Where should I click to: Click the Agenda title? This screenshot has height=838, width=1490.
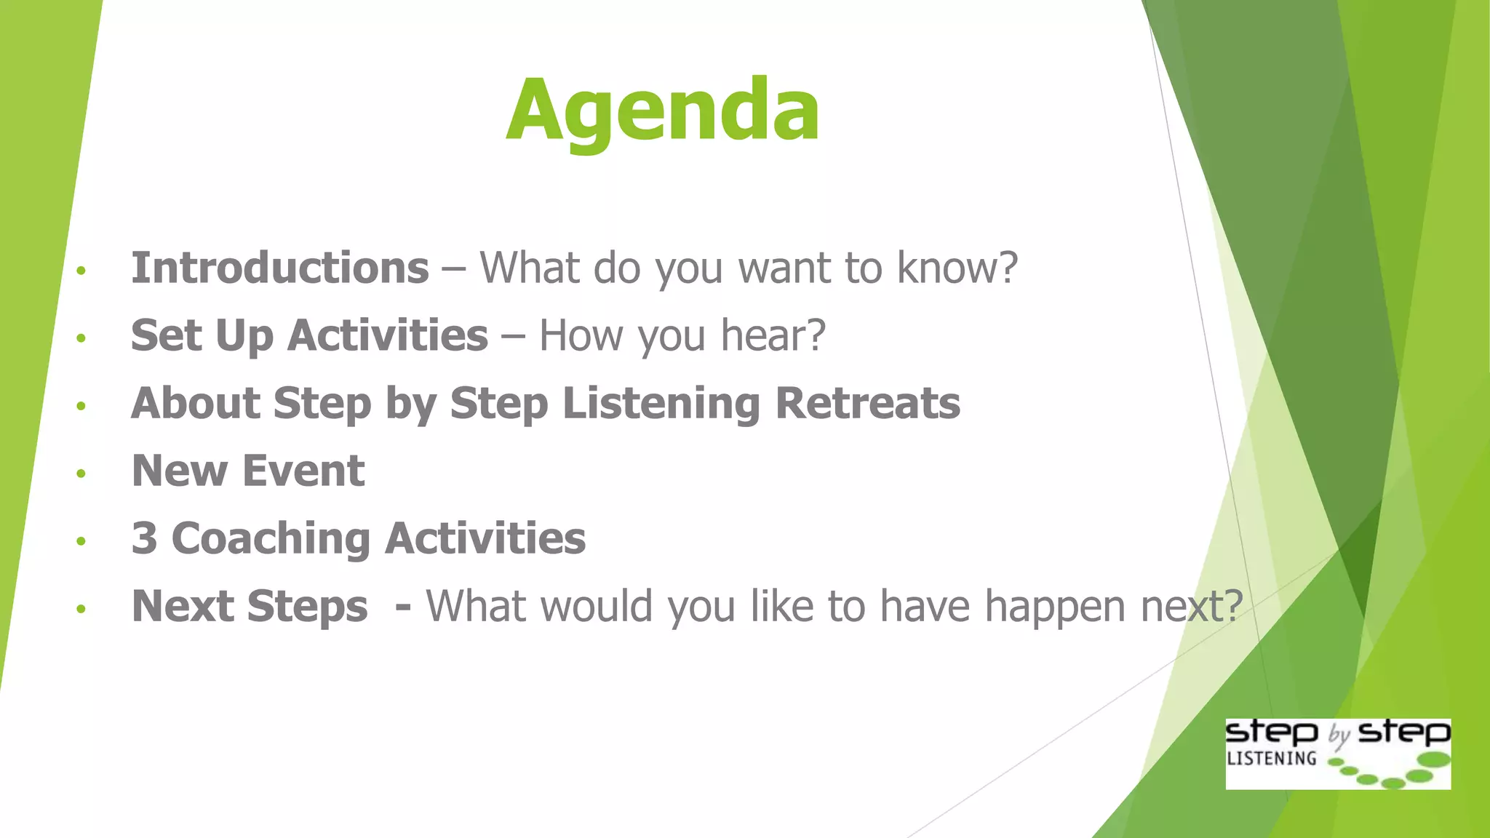663,111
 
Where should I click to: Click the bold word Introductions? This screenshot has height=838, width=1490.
280,268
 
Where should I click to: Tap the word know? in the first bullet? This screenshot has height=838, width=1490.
957,268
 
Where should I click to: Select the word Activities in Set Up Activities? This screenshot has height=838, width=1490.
388,335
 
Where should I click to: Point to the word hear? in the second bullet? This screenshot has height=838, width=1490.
773,335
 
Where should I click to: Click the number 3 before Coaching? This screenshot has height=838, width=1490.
144,538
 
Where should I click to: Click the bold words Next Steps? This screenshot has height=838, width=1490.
250,606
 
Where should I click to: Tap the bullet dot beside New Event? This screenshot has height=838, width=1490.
81,474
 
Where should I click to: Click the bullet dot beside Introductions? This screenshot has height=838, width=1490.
81,271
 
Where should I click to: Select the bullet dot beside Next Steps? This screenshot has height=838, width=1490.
81,609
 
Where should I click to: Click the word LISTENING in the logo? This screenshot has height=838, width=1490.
1271,758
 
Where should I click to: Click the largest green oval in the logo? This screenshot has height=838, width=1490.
1434,760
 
